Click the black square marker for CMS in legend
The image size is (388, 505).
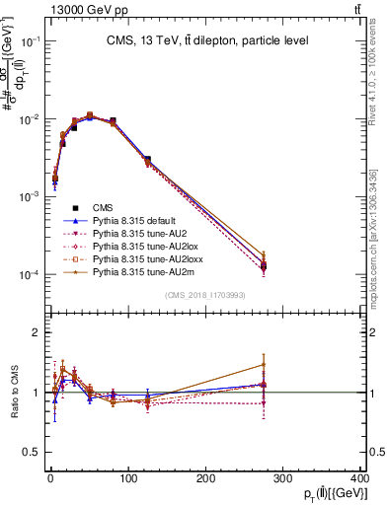tap(76, 207)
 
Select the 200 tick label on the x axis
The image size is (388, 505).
tap(205, 478)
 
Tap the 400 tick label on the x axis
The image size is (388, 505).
tap(358, 478)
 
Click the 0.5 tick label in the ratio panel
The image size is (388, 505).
tap(30, 452)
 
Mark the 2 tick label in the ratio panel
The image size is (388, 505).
tap(34, 332)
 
